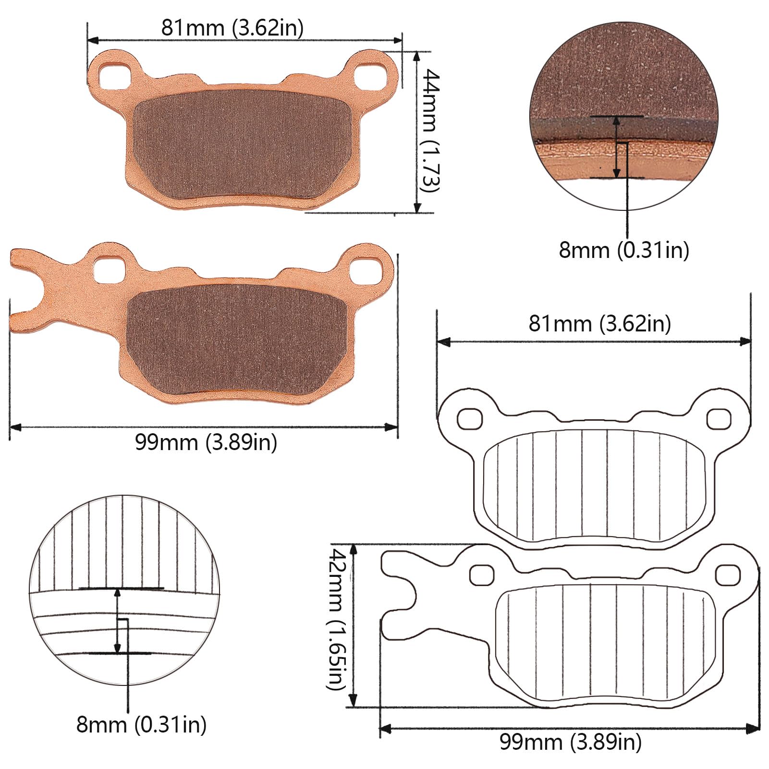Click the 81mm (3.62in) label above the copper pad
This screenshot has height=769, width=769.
click(232, 28)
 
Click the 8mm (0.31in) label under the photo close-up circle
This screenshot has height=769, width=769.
click(623, 250)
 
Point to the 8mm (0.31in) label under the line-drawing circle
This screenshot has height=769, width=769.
click(141, 724)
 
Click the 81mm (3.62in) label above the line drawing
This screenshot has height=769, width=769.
click(599, 324)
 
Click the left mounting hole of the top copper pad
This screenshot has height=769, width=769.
click(115, 73)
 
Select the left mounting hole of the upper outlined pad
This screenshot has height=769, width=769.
click(469, 418)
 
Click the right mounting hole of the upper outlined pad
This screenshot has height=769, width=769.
click(719, 418)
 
